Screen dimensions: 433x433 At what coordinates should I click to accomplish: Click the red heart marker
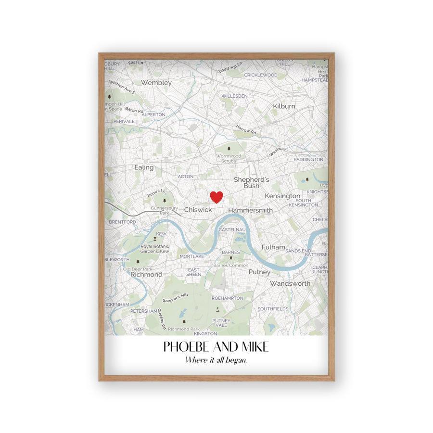pos(217,197)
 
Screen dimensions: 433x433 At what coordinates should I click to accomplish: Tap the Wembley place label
pos(156,83)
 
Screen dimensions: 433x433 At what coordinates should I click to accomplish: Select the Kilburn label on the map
pos(284,106)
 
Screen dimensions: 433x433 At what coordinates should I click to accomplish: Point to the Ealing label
pos(144,167)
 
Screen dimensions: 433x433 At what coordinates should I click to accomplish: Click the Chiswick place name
pos(198,210)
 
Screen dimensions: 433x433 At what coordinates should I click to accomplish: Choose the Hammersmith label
pos(250,210)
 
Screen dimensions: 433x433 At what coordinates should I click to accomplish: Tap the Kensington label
pos(282,196)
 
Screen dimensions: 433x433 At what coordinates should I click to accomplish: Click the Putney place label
pos(259,272)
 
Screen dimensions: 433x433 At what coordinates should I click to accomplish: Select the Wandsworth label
pos(290,283)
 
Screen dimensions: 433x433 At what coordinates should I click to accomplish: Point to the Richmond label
pos(146,274)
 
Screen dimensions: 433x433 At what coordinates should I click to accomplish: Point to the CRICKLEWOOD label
pos(261,75)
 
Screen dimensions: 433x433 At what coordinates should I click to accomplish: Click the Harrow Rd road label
pos(246,129)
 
